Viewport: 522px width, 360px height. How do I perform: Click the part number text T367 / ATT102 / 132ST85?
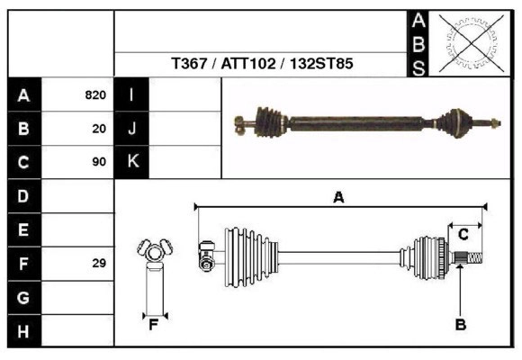click(262, 65)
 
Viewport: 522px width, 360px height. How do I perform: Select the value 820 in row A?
click(95, 95)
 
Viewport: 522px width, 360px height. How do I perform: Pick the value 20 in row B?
click(99, 129)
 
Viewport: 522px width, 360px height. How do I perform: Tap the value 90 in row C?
click(99, 163)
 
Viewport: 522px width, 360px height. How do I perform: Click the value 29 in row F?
click(99, 264)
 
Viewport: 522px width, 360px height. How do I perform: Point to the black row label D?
click(23, 195)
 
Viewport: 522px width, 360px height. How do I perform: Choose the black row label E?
click(23, 229)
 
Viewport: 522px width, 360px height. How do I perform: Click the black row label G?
click(23, 297)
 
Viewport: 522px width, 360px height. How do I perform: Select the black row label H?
click(23, 331)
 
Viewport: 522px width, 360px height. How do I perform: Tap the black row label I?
click(131, 95)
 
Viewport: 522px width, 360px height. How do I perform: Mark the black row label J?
click(131, 129)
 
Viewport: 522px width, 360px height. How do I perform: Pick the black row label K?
click(131, 163)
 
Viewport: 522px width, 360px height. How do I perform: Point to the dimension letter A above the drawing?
click(338, 197)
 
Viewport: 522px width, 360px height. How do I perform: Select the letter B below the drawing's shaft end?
click(460, 325)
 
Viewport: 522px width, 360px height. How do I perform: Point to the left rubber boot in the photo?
click(269, 118)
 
